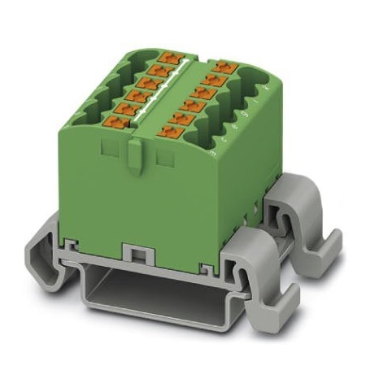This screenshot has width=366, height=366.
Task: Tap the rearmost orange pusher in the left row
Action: [x=171, y=56]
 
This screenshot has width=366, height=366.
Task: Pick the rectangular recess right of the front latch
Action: [x=165, y=155]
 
